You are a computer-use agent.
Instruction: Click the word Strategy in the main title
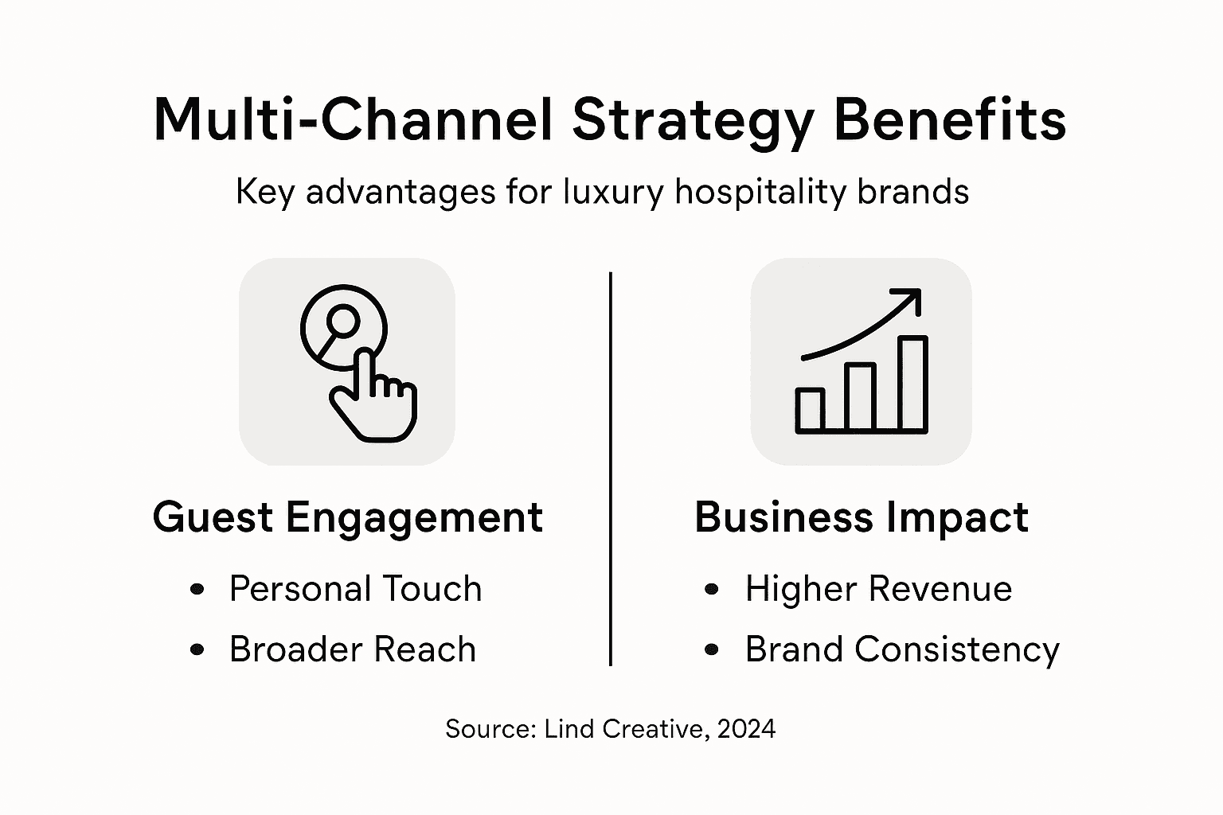tap(693, 121)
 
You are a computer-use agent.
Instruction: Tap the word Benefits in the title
tap(949, 121)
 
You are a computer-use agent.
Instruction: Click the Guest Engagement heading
tap(347, 517)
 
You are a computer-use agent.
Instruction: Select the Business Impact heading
tap(861, 517)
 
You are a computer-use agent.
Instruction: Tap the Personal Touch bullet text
tap(355, 589)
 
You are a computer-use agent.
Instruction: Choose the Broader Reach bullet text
tap(352, 649)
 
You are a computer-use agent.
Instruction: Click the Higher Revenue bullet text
tap(878, 589)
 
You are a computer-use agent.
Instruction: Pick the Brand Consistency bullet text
tap(902, 649)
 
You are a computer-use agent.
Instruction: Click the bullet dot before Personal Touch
tap(197, 589)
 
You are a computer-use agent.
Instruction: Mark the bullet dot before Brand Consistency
tap(712, 649)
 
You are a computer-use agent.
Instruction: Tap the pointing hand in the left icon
tap(374, 402)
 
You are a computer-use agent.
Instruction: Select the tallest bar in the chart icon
tap(912, 384)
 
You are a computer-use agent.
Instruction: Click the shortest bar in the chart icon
tap(810, 411)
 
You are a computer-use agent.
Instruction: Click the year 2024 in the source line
tap(745, 728)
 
